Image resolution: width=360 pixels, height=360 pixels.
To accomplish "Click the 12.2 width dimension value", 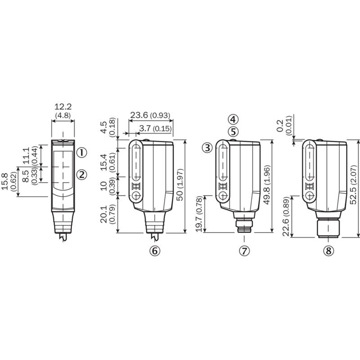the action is coord(63,107).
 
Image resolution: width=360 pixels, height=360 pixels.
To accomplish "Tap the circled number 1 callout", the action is coord(81,153).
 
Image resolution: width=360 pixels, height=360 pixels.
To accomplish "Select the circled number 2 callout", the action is coord(81,175).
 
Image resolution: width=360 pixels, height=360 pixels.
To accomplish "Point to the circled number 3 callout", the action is coord(207,148).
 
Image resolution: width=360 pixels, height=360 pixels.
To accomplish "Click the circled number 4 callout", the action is coord(233,119).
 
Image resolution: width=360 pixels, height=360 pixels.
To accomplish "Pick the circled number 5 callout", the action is coord(233,132).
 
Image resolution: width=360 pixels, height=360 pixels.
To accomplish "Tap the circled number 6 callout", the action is coord(155,251).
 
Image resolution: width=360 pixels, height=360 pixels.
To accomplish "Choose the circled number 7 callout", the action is coord(244,251).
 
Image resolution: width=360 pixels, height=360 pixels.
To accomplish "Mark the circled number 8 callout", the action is coord(328,251).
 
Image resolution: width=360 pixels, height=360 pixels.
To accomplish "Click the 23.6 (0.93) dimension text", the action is coord(150,115).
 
